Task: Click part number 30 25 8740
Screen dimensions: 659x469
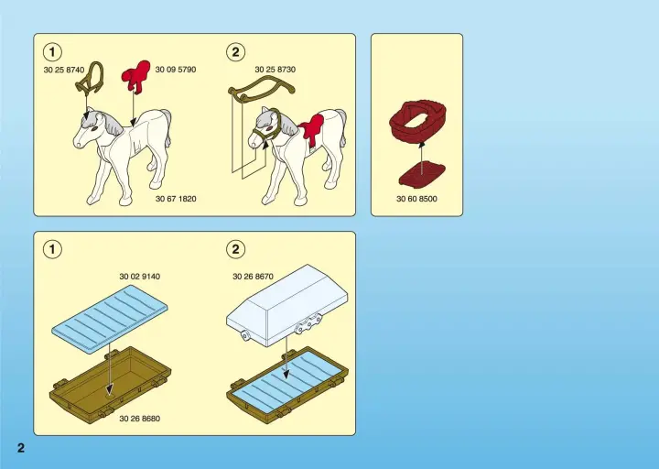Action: (x=64, y=70)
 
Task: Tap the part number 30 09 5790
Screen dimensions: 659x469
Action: (x=176, y=70)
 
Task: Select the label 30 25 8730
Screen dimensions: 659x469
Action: (x=275, y=70)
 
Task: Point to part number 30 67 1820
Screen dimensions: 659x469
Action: (x=176, y=199)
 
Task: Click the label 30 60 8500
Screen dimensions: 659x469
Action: (x=416, y=199)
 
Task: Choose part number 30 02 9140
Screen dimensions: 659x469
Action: (x=139, y=277)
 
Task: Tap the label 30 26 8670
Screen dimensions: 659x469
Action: (x=253, y=277)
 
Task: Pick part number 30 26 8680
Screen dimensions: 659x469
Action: (x=139, y=419)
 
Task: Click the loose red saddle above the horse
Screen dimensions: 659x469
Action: (x=136, y=76)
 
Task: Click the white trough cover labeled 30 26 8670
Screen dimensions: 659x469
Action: (x=288, y=303)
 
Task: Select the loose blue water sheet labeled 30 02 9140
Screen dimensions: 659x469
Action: (x=110, y=317)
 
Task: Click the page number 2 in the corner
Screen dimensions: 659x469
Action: (x=21, y=448)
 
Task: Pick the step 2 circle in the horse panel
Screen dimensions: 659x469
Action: (x=235, y=52)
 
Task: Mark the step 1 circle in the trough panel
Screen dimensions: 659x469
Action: (x=52, y=249)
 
